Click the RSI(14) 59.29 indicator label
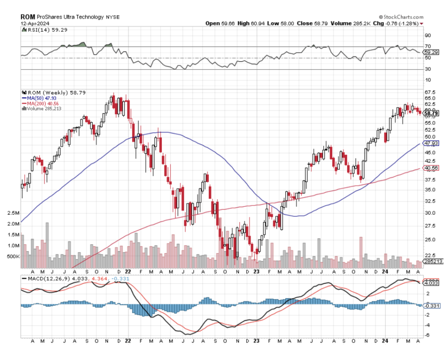pyautogui.click(x=42, y=30)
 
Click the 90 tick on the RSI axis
pyautogui.click(x=428, y=36)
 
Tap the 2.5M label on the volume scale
pyautogui.click(x=13, y=213)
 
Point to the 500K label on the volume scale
pyautogui.click(x=13, y=257)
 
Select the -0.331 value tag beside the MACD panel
pyautogui.click(x=430, y=306)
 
